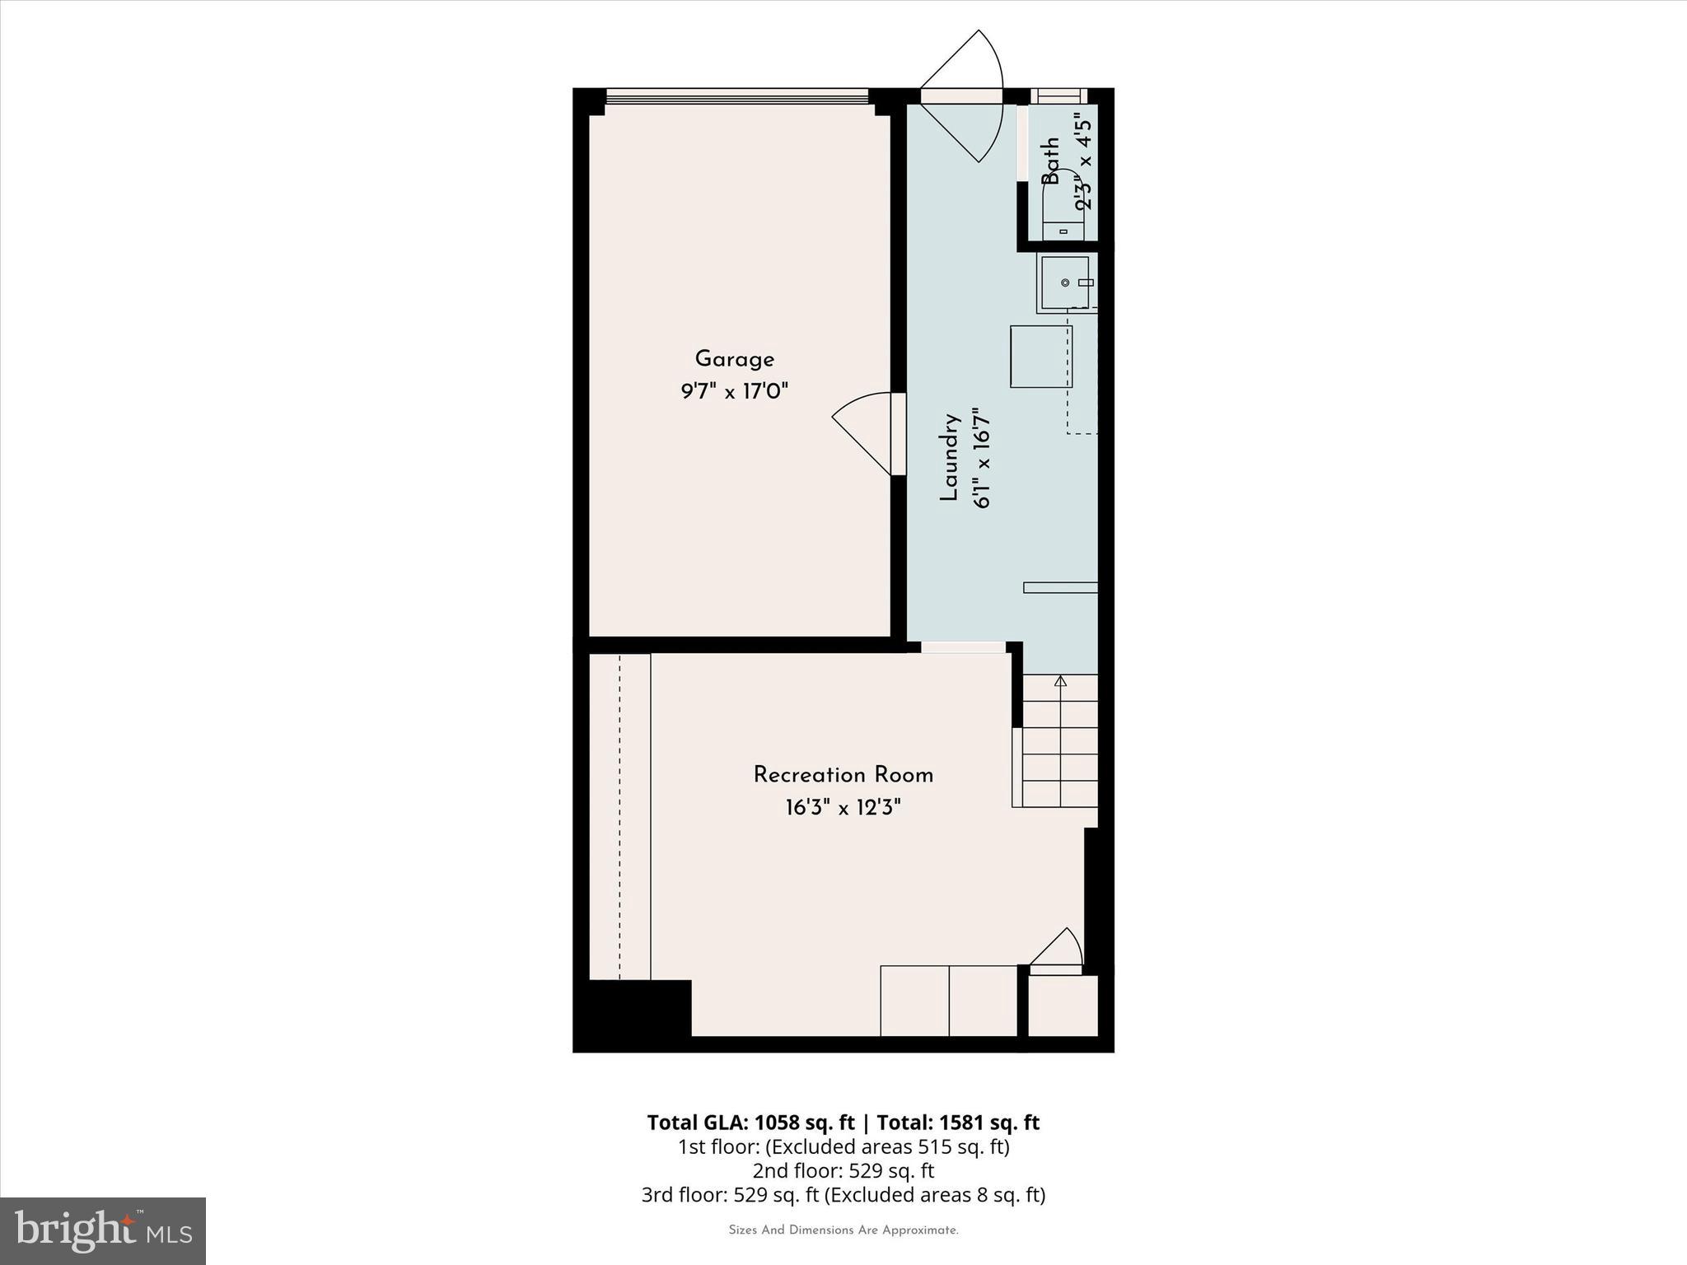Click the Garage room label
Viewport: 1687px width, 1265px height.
(x=734, y=359)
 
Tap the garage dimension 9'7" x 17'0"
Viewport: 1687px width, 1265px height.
(x=734, y=390)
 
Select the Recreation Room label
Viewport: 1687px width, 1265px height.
(x=843, y=775)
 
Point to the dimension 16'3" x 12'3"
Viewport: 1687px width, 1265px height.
(x=843, y=807)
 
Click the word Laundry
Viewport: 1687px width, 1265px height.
(x=950, y=458)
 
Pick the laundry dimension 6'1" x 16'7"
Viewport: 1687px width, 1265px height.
(x=981, y=458)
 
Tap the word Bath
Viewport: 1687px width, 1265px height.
(x=1050, y=161)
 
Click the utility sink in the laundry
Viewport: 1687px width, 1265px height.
(x=1065, y=283)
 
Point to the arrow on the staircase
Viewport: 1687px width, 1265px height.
(x=1060, y=681)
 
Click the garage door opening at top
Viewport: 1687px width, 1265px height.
(x=736, y=96)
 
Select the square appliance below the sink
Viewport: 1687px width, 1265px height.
(x=1041, y=356)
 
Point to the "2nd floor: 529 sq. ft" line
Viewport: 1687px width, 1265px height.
(x=843, y=1170)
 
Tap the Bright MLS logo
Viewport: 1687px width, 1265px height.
(x=103, y=1230)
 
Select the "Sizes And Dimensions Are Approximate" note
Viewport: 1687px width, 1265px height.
(x=843, y=1230)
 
